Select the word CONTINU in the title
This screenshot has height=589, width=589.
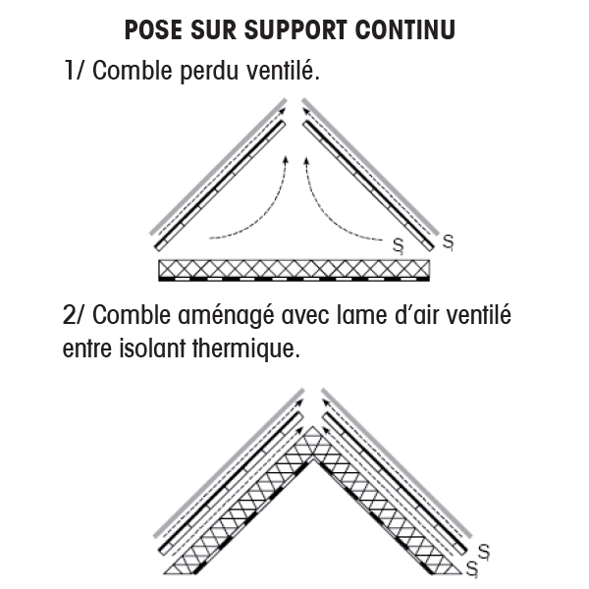[410, 29]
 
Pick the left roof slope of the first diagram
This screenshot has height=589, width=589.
[216, 177]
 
